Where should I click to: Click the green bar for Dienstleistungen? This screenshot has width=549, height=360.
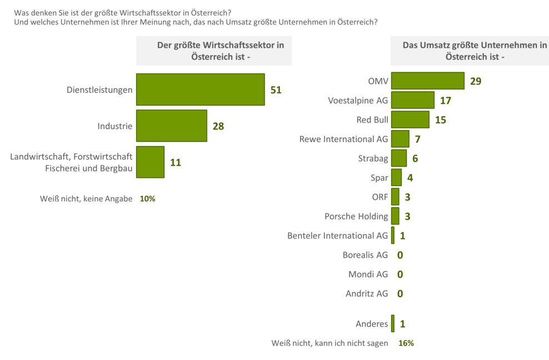pyautogui.click(x=200, y=89)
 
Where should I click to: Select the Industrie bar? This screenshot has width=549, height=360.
pyautogui.click(x=171, y=126)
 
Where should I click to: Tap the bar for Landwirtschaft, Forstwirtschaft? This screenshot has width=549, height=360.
pyautogui.click(x=150, y=162)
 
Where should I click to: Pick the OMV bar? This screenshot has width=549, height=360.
pyautogui.click(x=427, y=81)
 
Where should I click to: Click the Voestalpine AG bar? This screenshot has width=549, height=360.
pyautogui.click(x=412, y=100)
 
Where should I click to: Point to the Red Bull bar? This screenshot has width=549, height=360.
pyautogui.click(x=410, y=119)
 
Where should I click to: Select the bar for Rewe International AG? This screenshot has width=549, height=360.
pyautogui.click(x=400, y=139)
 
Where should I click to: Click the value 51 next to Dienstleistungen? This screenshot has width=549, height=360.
pyautogui.click(x=276, y=89)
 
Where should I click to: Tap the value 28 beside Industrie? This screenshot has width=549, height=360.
pyautogui.click(x=218, y=126)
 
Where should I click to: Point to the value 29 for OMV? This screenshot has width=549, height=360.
pyautogui.click(x=476, y=81)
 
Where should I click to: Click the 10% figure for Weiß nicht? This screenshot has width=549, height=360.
pyautogui.click(x=147, y=198)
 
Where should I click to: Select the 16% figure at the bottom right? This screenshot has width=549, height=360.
pyautogui.click(x=406, y=343)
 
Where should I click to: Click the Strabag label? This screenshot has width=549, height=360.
pyautogui.click(x=373, y=158)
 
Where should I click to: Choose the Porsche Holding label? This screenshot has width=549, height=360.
pyautogui.click(x=356, y=216)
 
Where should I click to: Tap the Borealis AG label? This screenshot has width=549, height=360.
pyautogui.click(x=365, y=255)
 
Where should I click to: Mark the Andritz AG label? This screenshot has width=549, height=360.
pyautogui.click(x=367, y=293)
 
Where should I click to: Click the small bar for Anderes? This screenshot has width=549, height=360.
pyautogui.click(x=393, y=323)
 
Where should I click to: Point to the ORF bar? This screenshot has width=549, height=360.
pyautogui.click(x=395, y=197)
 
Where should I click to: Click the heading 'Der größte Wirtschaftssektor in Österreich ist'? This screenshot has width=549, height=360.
pyautogui.click(x=214, y=51)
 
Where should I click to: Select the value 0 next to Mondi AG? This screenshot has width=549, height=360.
pyautogui.click(x=400, y=274)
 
